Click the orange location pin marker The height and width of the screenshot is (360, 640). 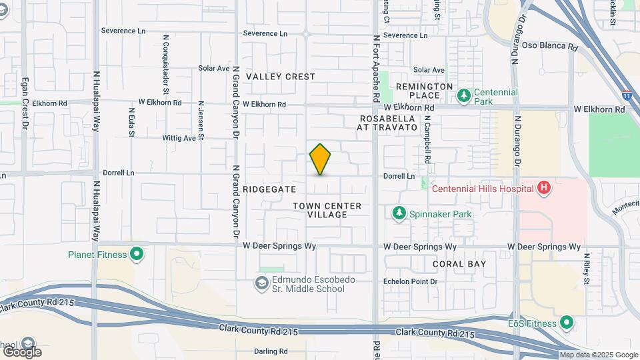point(320,159)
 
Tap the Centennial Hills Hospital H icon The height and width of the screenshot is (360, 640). point(544,188)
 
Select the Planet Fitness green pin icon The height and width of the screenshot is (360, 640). point(137,254)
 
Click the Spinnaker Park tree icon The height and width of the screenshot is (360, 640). point(399,213)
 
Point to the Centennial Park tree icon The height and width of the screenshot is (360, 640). point(463,97)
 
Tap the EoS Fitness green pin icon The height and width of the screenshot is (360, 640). point(567,323)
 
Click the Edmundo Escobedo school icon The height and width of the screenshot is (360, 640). point(262,284)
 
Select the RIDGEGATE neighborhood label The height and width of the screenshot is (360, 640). point(269,189)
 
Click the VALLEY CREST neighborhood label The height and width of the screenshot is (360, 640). point(280,77)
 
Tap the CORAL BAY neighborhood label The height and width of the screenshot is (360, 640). point(459,264)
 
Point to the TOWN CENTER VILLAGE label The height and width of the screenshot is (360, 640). point(327,210)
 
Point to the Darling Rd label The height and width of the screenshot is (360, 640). point(271,351)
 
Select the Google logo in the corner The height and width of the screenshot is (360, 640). point(22,351)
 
